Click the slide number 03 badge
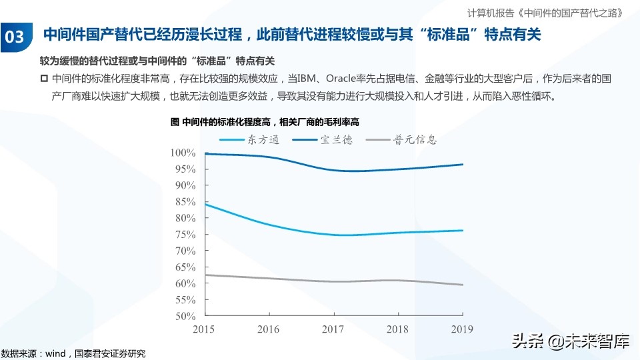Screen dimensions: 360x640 pos(15,36)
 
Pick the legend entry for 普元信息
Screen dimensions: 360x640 pos(415,140)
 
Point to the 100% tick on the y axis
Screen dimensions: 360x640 pos(182,153)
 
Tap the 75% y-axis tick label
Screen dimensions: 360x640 pos(184,235)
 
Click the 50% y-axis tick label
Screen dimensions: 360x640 pos(184,316)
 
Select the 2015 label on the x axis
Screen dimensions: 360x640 pos(205,329)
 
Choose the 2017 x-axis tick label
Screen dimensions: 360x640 pos(333,329)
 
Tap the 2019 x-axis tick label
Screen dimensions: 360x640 pos(462,329)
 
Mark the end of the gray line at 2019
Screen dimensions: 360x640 pos(463,285)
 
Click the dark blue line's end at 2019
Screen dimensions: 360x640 pos(463,164)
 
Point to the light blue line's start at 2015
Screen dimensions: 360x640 pos(205,204)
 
